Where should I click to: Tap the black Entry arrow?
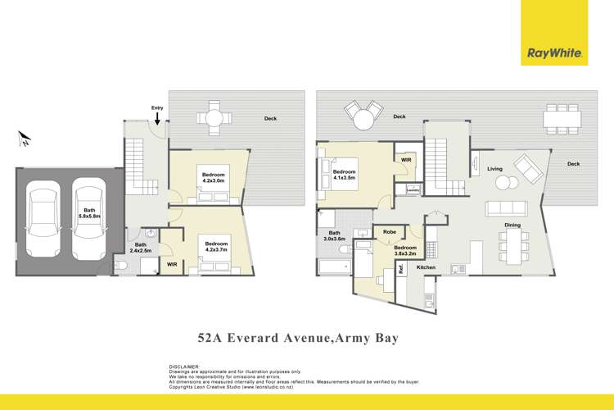157,121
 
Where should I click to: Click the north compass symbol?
25,139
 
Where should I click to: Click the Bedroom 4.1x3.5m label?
344,175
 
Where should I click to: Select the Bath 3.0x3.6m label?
333,236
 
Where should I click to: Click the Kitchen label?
427,267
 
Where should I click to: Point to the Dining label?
512,224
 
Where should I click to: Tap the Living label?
494,169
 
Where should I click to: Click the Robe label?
390,232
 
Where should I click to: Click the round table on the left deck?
214,119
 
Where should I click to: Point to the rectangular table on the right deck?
562,120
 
